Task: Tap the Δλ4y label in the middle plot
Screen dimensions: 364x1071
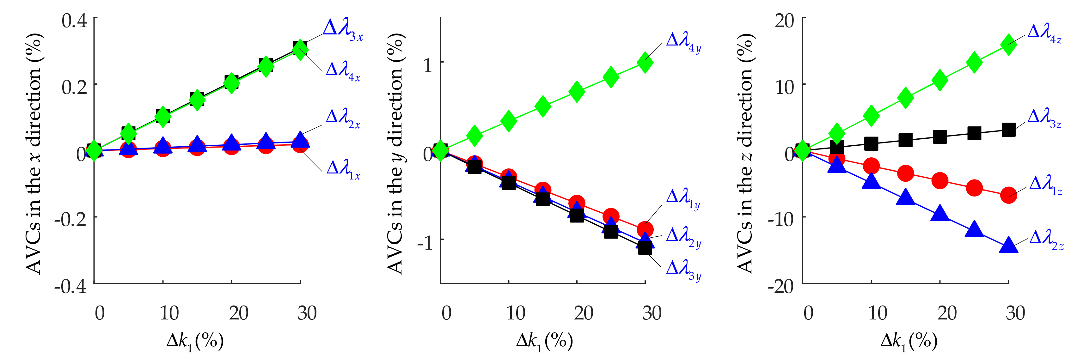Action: point(683,42)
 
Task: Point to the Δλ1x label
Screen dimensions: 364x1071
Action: point(343,170)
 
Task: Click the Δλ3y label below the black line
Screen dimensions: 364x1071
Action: point(683,270)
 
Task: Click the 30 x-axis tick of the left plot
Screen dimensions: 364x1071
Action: point(307,313)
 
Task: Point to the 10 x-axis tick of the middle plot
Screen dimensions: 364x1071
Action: point(515,313)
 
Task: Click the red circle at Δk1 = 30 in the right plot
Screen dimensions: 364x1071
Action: point(1008,194)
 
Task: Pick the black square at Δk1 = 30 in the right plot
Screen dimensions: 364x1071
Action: point(1008,130)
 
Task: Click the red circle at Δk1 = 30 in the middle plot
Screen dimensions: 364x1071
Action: point(645,229)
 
